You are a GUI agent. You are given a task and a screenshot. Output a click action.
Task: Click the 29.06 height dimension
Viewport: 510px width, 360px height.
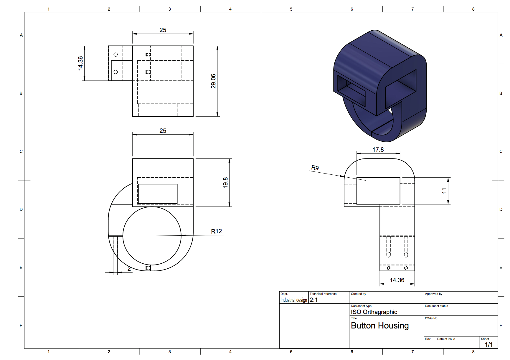tap(213, 81)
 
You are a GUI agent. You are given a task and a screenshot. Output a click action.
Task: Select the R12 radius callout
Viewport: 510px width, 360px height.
tap(216, 231)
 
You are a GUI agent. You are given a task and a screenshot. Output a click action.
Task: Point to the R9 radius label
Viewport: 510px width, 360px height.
tap(315, 168)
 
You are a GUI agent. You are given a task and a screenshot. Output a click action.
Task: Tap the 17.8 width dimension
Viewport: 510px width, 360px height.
tap(378, 150)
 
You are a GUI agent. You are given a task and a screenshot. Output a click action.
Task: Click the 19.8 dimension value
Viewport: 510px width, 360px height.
tap(225, 183)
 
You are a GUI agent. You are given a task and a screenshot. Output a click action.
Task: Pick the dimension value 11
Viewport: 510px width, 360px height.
tap(444, 191)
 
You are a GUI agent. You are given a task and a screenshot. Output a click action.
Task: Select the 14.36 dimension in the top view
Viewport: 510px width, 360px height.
tap(80, 63)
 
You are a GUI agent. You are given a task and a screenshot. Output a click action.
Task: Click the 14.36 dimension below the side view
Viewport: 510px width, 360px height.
tap(397, 280)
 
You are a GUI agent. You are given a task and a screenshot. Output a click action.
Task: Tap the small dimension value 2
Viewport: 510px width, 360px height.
tap(129, 269)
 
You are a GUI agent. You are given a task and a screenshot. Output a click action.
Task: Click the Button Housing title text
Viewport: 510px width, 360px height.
tap(380, 326)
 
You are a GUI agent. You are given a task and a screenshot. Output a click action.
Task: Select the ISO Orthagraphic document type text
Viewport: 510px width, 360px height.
tap(374, 312)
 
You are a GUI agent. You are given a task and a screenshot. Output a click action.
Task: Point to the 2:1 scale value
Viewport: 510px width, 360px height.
tap(313, 300)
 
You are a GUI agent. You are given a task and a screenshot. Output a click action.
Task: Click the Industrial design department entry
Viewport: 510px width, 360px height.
tap(294, 300)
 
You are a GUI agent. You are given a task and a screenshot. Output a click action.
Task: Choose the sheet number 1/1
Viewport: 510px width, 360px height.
tap(488, 344)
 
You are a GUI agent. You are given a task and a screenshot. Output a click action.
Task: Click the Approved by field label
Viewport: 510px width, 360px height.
tap(433, 294)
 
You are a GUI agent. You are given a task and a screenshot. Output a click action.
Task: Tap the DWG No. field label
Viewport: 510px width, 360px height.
tap(431, 318)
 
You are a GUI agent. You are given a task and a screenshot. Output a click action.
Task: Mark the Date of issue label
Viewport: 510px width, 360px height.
tap(446, 339)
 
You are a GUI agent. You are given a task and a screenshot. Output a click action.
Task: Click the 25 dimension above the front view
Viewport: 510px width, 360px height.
tap(163, 131)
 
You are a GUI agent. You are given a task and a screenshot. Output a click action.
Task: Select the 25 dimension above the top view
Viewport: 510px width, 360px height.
tap(163, 30)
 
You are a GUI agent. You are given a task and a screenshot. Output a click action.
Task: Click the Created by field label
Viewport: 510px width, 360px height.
tap(358, 294)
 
